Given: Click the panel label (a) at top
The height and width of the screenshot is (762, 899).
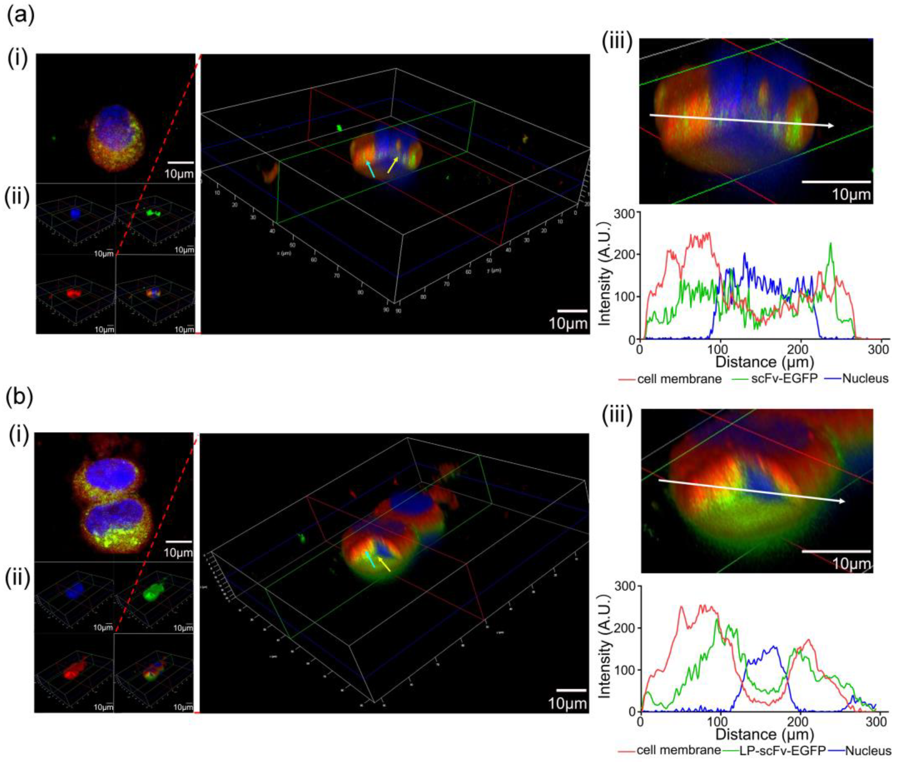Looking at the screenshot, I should coord(19,16).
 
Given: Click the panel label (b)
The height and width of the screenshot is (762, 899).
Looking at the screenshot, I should coord(19,398).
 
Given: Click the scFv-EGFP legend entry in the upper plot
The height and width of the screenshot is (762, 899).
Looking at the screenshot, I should coord(776,379).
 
